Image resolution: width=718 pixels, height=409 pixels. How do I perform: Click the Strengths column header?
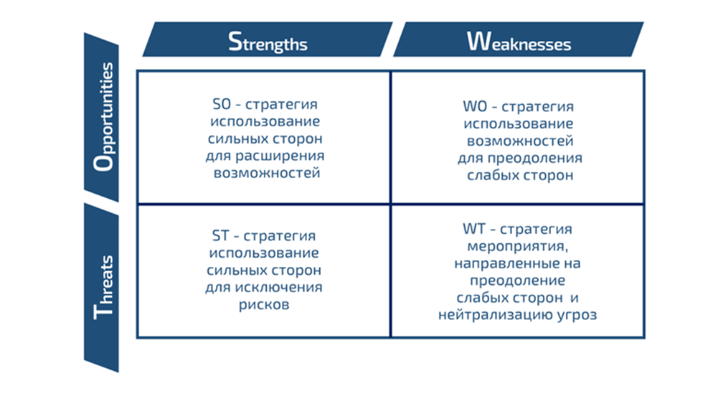(268, 41)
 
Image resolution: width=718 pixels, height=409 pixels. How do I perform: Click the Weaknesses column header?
(519, 41)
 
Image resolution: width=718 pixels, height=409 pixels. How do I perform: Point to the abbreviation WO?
(474, 106)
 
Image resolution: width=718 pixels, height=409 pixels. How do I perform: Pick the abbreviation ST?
(220, 235)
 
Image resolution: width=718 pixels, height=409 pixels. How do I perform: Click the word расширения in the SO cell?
(284, 156)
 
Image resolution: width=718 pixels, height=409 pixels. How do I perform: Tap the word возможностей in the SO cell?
(267, 173)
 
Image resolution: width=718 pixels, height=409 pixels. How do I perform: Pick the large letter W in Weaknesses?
(478, 41)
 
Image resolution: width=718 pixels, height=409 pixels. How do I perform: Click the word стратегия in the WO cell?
(537, 106)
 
